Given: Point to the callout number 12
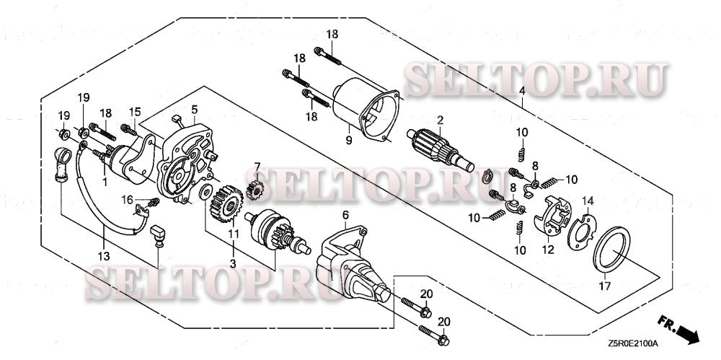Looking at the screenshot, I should point(548,250).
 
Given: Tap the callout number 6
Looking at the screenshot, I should point(345,214).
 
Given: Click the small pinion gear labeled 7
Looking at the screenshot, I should point(254,190).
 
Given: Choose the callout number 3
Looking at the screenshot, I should point(232,264).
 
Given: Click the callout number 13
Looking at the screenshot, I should point(104,256).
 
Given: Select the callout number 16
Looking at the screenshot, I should point(128,198).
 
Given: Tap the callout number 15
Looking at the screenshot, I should point(134,111).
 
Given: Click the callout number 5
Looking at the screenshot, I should point(194,109).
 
